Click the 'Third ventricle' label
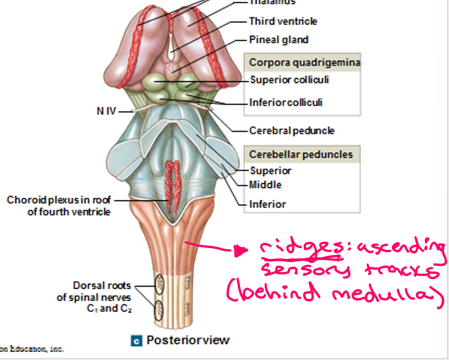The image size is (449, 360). pos(282,21)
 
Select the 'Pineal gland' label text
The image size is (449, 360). pos(278,40)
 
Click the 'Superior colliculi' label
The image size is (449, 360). pos(289,80)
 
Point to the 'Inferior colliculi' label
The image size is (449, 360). pos(286,103)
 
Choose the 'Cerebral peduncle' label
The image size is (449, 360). pos(292,130)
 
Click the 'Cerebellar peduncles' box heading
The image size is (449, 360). pos(301,154)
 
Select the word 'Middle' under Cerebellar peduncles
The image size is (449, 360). pos(265,185)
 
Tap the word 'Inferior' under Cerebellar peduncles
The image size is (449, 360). pos(268,204)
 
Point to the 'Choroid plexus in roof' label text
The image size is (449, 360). pos(59,200)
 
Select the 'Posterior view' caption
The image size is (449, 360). pos(188,340)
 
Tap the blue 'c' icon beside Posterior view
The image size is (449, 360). pos(137,340)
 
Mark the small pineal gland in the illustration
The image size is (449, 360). pos(172,67)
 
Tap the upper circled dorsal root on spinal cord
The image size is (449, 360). pos(159,284)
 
